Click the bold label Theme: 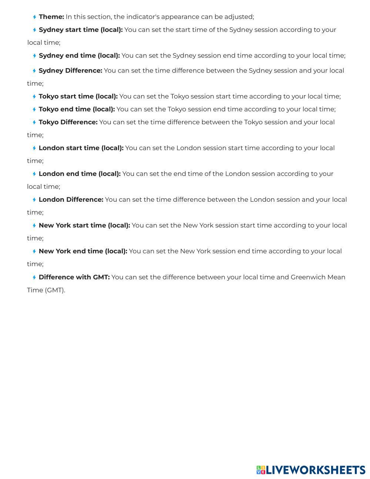[51, 17]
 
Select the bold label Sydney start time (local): [81, 30]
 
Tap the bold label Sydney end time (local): [79, 56]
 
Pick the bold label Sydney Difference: [70, 70]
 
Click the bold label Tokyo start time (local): [78, 96]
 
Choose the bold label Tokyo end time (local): [77, 109]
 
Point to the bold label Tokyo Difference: [68, 122]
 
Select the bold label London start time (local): [81, 148]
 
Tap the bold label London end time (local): [80, 174]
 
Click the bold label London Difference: [71, 200]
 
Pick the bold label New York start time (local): [84, 225]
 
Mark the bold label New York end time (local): [83, 251]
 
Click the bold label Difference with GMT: [74, 277]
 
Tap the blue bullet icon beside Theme [34, 17]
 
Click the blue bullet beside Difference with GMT [34, 277]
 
